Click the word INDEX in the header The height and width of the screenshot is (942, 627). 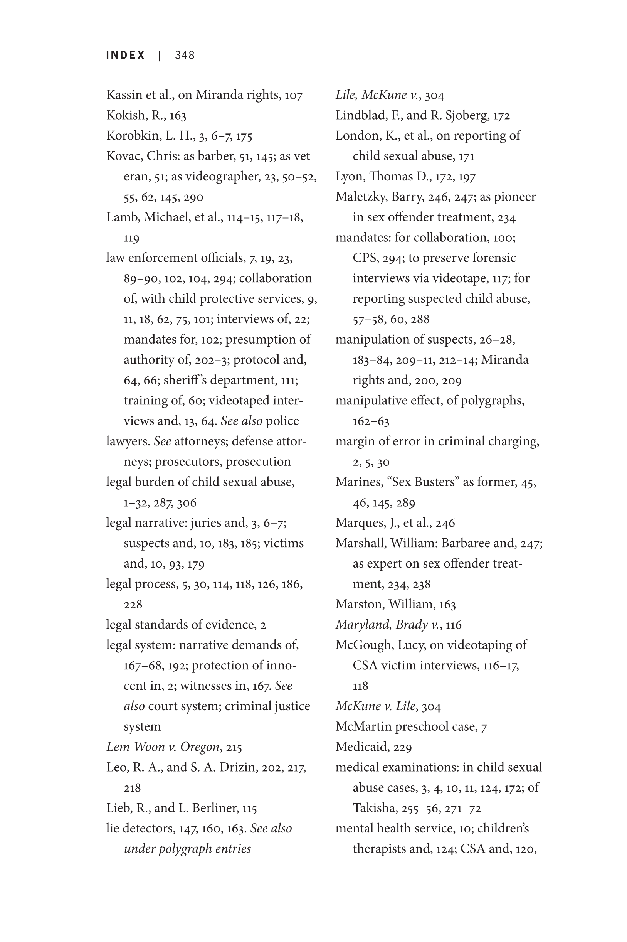click(x=125, y=55)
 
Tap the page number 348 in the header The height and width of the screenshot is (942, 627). click(x=185, y=55)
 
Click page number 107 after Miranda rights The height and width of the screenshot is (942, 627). click(x=294, y=95)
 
